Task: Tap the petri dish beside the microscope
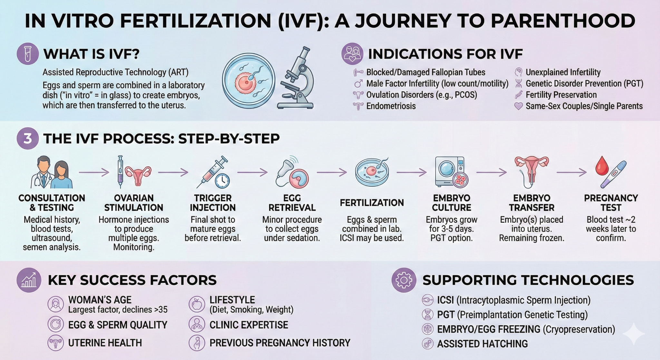tap(248, 81)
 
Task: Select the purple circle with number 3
tap(28, 139)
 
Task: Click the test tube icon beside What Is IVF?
tap(28, 54)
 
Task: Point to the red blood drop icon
tap(602, 166)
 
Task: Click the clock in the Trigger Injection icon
tap(222, 181)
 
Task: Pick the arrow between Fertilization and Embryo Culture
tap(412, 173)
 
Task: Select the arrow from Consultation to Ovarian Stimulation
tap(94, 173)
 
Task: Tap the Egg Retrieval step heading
tap(292, 203)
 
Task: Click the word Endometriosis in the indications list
tap(391, 106)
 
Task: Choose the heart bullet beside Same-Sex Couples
tap(519, 106)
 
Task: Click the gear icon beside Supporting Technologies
tap(404, 280)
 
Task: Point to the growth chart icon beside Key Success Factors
tap(29, 280)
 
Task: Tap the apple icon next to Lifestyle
tap(197, 304)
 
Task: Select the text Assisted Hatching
tap(482, 344)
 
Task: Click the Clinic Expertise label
tap(248, 325)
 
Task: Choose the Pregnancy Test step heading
tap(611, 203)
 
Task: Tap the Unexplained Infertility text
tap(563, 72)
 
